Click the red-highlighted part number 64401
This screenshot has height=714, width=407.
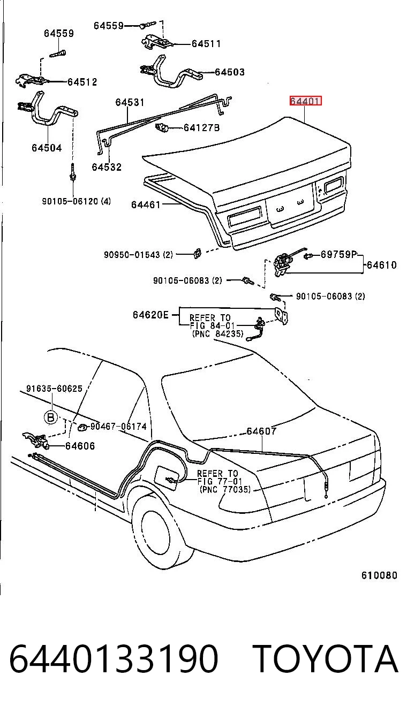305,101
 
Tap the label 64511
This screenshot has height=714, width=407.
206,43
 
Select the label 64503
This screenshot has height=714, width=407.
230,72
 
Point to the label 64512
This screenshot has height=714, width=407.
82,82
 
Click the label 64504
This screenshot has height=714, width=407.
47,148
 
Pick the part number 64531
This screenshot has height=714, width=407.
130,102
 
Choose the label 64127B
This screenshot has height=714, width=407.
201,127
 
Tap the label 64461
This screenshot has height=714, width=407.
146,204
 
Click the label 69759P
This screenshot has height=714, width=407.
338,254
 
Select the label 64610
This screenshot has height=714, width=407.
382,265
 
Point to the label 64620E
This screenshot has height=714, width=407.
150,315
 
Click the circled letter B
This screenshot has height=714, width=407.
50,417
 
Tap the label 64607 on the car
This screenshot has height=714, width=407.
261,431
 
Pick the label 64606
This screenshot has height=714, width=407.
80,446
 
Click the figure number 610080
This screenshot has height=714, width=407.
379,575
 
